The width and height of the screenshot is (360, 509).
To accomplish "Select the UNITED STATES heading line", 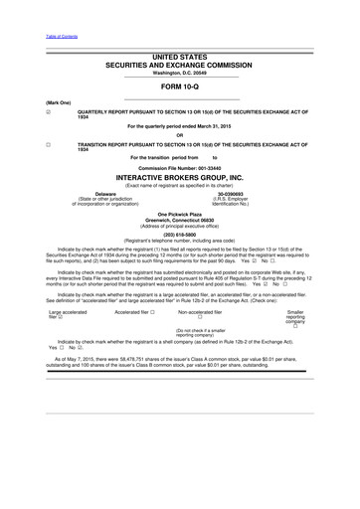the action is (x=180, y=60).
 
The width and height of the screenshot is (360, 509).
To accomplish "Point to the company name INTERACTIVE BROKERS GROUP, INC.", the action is (x=180, y=179).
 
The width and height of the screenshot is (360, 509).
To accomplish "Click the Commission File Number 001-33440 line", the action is (x=180, y=169).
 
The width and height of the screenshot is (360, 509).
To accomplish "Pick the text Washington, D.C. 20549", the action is (x=180, y=75).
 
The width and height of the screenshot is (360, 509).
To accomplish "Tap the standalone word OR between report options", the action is (x=180, y=136).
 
